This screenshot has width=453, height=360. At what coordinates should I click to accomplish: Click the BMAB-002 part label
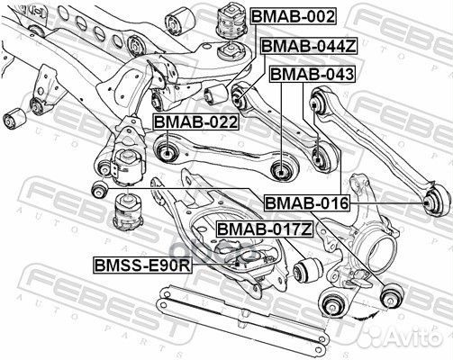point(293,16)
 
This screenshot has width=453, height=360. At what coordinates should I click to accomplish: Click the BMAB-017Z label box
point(264,229)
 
